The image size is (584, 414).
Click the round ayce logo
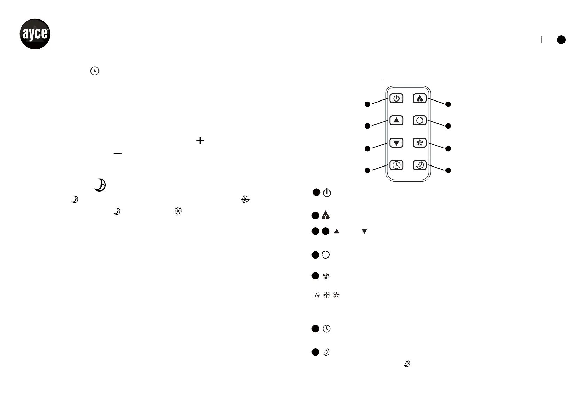35,34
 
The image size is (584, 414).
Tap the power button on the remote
396,98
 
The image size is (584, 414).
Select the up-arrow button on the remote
396,120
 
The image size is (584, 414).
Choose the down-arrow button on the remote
396,143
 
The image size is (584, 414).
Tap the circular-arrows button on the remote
419,121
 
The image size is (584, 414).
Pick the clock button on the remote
396,165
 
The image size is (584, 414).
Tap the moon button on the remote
419,165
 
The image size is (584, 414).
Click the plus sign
200,140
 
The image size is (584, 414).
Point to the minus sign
118,153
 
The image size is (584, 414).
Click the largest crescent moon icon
100,185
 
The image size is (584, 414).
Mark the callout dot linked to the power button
367,104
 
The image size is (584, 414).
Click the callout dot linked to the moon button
448,170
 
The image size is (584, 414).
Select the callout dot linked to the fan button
448,148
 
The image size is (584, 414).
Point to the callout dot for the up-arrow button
367,126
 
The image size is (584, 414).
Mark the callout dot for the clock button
367,170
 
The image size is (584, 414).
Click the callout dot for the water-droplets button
448,104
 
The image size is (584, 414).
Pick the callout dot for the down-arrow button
367,148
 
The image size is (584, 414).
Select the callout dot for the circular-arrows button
448,126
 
